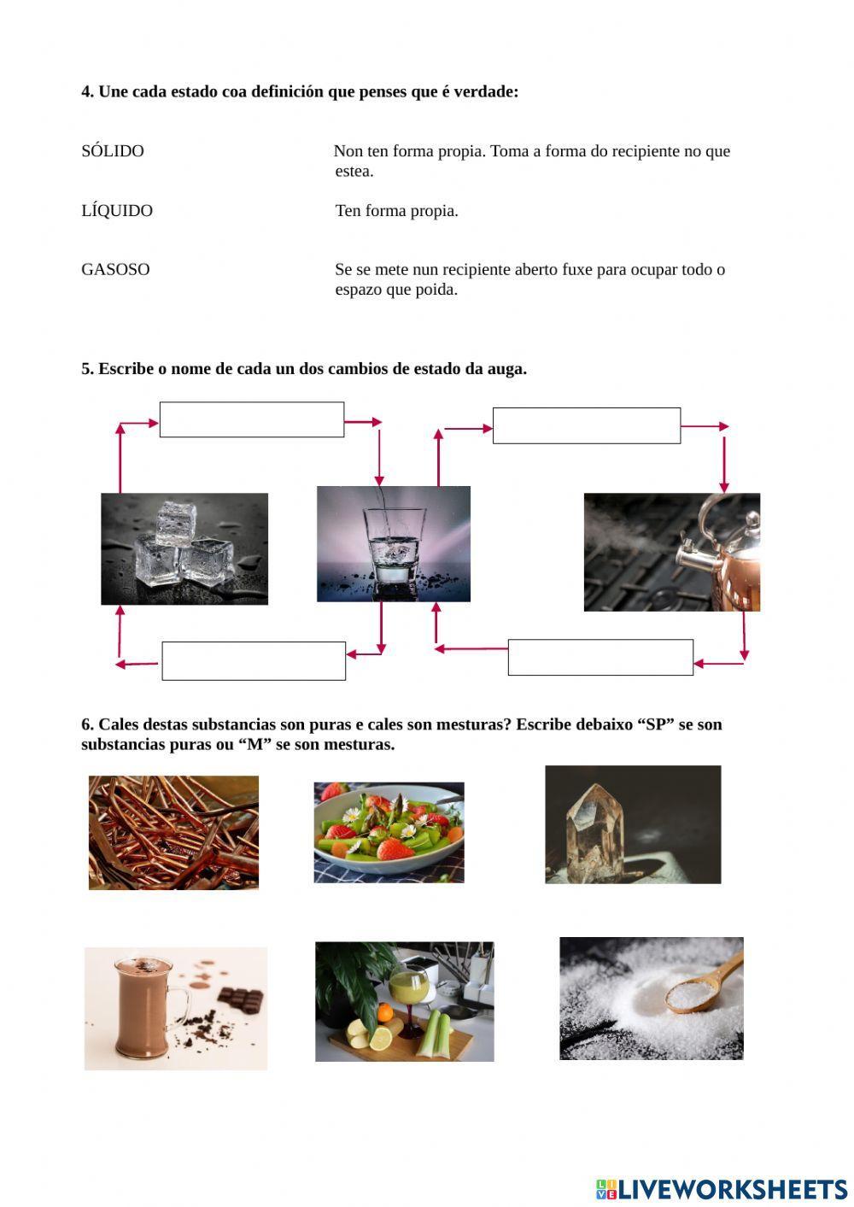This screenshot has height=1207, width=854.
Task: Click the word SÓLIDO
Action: [x=113, y=151]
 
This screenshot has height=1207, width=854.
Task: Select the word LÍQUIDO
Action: [x=117, y=211]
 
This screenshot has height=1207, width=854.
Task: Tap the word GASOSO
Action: [x=115, y=270]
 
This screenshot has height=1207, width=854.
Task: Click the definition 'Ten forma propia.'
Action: [x=396, y=211]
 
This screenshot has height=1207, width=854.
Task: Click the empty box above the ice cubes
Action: [x=251, y=419]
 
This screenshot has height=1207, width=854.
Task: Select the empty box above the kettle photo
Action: [x=586, y=425]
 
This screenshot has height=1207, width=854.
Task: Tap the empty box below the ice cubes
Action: [x=254, y=660]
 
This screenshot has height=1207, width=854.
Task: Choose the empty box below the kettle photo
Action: [x=600, y=657]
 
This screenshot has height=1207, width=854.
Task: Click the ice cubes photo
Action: [x=184, y=548]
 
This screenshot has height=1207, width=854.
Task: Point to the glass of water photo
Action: [x=393, y=544]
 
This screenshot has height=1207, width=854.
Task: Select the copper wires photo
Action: [x=173, y=832]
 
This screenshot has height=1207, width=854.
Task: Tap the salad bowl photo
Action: [x=389, y=832]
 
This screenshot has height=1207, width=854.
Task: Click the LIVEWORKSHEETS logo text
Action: [x=732, y=1188]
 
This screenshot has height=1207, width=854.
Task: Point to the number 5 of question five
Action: [x=86, y=369]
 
